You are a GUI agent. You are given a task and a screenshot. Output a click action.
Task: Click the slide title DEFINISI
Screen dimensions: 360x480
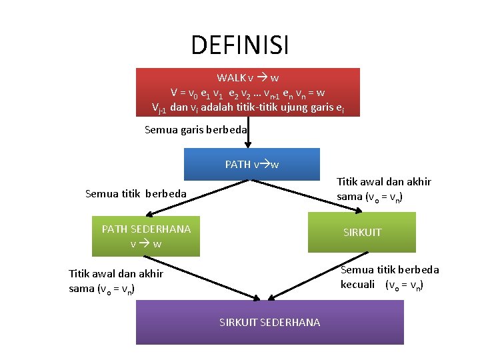click(x=240, y=45)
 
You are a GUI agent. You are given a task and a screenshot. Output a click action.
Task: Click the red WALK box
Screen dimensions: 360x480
click(x=247, y=92)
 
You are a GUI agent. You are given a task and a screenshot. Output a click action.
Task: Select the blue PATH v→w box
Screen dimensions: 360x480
click(x=252, y=164)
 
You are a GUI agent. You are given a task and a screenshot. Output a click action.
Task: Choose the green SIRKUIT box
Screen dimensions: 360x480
click(x=361, y=232)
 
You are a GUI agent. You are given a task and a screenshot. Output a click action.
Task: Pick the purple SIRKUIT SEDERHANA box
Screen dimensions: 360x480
click(x=269, y=322)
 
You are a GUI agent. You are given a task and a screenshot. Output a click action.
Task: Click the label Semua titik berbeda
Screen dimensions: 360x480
click(x=136, y=194)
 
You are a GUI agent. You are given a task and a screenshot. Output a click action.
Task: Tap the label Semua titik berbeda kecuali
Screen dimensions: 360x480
click(x=389, y=277)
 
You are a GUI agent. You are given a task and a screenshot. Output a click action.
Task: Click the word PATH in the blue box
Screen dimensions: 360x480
click(x=237, y=164)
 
